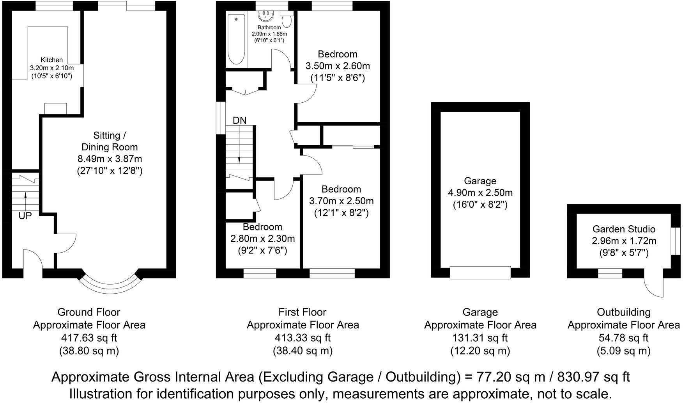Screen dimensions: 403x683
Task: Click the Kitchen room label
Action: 51,60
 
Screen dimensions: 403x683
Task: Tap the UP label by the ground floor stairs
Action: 25,216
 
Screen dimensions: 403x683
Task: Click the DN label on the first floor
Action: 240,121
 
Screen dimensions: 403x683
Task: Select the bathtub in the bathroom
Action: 236,39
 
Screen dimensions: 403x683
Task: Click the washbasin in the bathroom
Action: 267,16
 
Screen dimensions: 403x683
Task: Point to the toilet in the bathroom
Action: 287,19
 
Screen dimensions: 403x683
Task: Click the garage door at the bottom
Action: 480,273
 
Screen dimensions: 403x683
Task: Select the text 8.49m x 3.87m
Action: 110,159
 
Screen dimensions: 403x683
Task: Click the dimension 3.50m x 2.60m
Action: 337,66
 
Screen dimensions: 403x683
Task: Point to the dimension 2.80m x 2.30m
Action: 262,239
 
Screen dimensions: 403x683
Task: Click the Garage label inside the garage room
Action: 480,181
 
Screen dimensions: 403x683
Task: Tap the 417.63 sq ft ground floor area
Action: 89,338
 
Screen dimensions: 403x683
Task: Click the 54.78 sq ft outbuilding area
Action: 623,338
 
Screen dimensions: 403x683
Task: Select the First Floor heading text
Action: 302,312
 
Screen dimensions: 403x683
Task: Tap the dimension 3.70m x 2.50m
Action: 341,201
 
